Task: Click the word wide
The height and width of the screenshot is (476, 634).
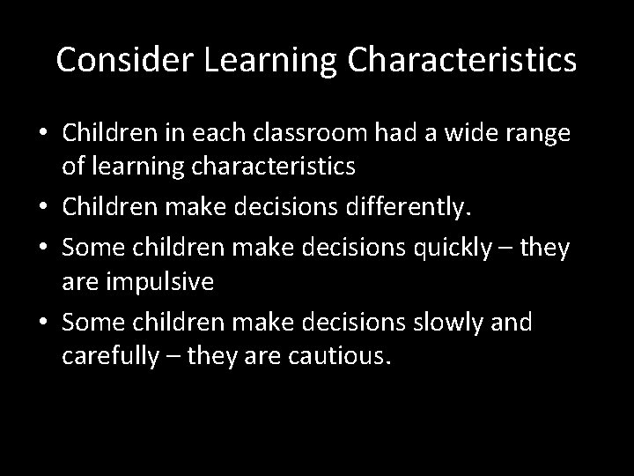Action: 474,134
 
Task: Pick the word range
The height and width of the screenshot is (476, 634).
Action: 542,134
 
